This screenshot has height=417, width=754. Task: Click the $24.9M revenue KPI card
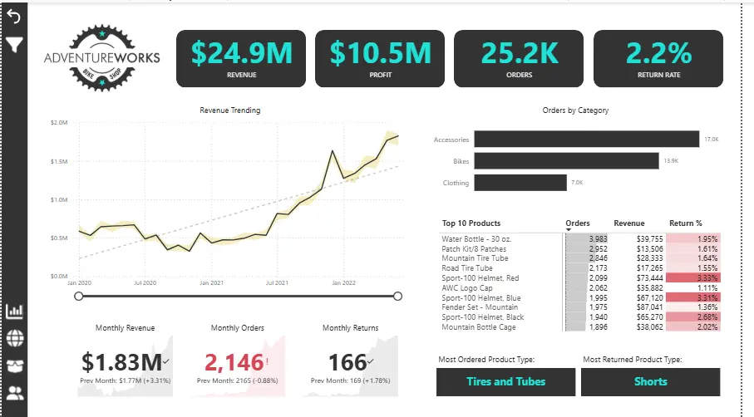click(x=240, y=57)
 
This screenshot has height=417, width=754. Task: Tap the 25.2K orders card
click(x=518, y=57)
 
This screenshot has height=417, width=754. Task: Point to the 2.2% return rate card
click(x=658, y=57)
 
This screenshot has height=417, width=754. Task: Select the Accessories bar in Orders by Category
click(x=587, y=140)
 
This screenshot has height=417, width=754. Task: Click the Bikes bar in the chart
click(x=566, y=161)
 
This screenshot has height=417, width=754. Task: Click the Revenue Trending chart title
click(x=229, y=110)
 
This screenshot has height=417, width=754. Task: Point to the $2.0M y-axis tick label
click(x=58, y=123)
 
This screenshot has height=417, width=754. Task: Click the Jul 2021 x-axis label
click(x=277, y=283)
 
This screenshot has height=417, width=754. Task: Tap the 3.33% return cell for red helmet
click(x=693, y=278)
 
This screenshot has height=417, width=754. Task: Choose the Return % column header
click(x=686, y=223)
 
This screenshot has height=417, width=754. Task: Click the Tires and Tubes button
click(x=505, y=381)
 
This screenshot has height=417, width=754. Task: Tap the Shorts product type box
click(x=650, y=381)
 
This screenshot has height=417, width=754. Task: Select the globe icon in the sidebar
click(x=14, y=338)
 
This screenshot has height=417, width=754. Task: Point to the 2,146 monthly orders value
click(x=232, y=362)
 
